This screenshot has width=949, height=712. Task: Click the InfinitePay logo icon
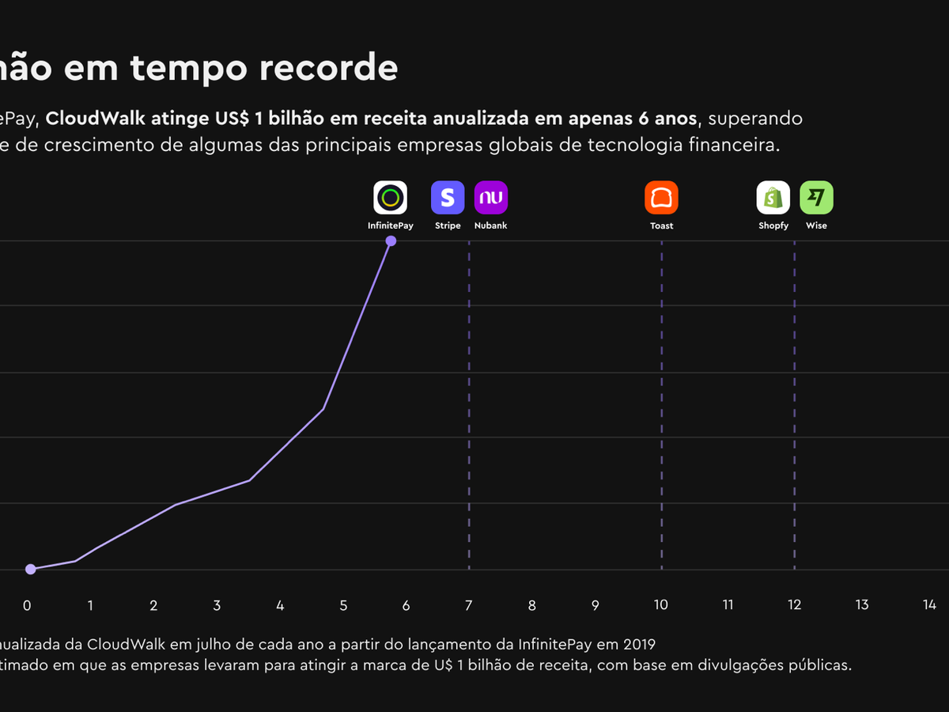pos(390,198)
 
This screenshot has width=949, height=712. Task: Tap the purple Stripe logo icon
pos(448,198)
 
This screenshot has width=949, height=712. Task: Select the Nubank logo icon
pos(490,198)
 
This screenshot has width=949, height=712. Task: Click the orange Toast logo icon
pos(662,198)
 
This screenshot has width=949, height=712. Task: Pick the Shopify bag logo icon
pos(773,198)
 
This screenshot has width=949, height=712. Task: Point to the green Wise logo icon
pos(816,198)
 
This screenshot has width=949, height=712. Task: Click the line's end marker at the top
pos(391,240)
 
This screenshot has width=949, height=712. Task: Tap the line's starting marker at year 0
pos(30,569)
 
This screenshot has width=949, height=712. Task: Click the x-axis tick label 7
pos(469,605)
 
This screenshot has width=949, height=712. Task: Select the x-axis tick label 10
pos(660,605)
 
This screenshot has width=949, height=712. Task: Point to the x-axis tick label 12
pos(794,605)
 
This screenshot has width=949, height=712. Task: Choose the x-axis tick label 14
pos(929,605)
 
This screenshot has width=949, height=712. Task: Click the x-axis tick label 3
pos(217,605)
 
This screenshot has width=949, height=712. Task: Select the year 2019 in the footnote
pos(639,642)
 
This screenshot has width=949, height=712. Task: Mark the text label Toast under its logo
pos(662,226)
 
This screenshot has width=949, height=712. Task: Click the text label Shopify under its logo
pos(773,226)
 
